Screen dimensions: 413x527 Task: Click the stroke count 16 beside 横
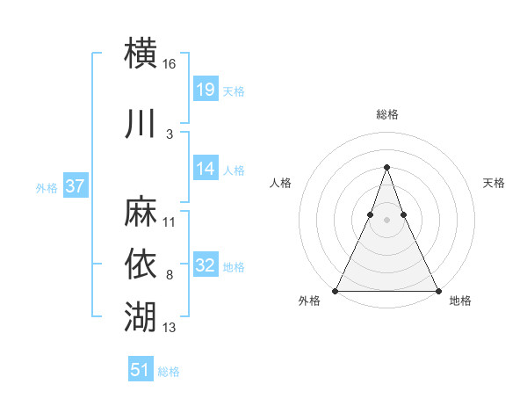(170, 64)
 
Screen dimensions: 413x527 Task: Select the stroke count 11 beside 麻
(170, 222)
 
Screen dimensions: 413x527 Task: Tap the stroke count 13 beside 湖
(170, 328)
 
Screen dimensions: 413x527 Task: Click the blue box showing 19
(206, 90)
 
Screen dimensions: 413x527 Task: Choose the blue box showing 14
(206, 169)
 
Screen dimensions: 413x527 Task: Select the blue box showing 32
(206, 265)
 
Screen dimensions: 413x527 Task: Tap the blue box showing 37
(75, 186)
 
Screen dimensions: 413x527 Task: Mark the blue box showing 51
(141, 370)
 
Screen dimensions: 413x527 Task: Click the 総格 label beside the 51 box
(169, 372)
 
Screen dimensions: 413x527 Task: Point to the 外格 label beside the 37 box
(47, 187)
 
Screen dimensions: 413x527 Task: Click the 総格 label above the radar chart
(386, 114)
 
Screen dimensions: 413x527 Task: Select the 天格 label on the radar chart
(495, 183)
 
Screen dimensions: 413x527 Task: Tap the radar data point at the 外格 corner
(336, 290)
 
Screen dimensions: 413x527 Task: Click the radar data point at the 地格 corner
(437, 290)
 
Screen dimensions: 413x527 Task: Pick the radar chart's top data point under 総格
(386, 167)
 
